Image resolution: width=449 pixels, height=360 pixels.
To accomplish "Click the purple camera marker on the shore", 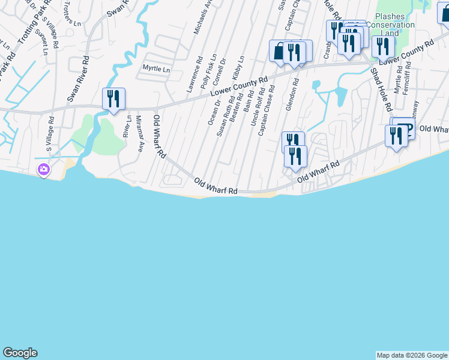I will coord(43,170).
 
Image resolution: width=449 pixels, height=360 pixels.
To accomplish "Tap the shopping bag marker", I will coord(279,52).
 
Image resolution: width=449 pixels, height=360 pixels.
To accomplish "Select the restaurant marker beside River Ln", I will coord(113,99).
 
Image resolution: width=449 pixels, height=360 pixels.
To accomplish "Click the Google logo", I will coord(20,353).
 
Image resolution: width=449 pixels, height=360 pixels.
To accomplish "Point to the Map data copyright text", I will coord(412,355).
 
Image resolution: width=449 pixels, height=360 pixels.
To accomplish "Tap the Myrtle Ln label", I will coord(156,69).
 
